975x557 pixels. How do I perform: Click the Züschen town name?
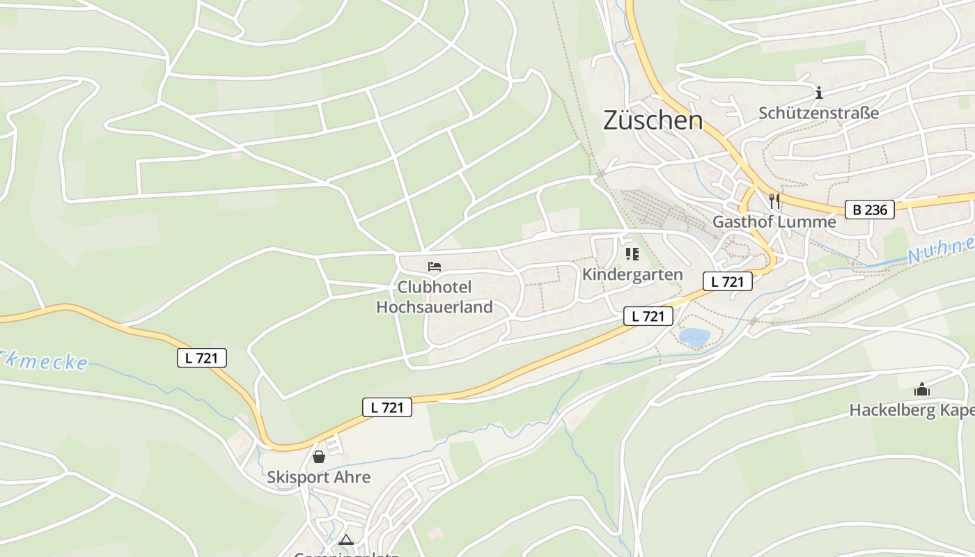click(x=653, y=120)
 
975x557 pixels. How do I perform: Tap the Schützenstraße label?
click(x=818, y=113)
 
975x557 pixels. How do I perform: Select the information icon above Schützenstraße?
click(x=819, y=92)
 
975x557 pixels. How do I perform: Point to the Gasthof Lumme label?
click(x=774, y=222)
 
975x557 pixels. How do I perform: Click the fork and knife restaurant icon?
click(x=774, y=201)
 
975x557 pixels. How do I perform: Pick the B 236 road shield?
click(x=870, y=210)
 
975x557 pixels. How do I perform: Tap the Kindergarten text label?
click(x=632, y=274)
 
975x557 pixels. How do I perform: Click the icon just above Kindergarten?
click(x=632, y=254)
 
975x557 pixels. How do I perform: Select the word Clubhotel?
click(x=435, y=287)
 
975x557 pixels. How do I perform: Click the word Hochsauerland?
click(x=435, y=307)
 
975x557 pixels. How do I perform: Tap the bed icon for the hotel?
click(x=435, y=267)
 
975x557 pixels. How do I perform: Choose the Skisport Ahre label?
click(x=319, y=478)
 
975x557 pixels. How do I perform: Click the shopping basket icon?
click(x=319, y=457)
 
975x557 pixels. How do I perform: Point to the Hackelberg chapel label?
click(x=911, y=410)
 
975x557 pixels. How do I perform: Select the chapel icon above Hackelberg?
click(x=922, y=389)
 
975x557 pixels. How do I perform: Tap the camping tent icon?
click(x=345, y=540)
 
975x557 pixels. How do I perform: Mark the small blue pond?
click(x=694, y=338)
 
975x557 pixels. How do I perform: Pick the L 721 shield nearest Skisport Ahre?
click(x=387, y=407)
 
